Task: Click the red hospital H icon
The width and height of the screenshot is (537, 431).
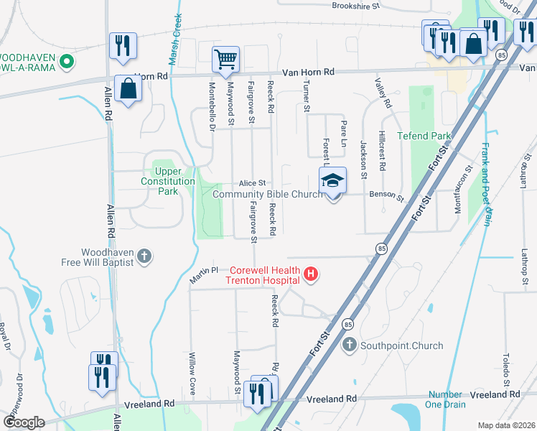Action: point(311,274)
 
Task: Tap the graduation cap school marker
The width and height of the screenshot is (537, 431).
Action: point(332,180)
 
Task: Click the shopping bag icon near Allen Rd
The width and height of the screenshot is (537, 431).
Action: point(128,89)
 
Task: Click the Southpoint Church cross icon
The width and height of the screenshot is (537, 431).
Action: point(350,346)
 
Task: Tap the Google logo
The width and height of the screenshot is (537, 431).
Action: point(24,422)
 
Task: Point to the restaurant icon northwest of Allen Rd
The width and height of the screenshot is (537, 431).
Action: point(121,46)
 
